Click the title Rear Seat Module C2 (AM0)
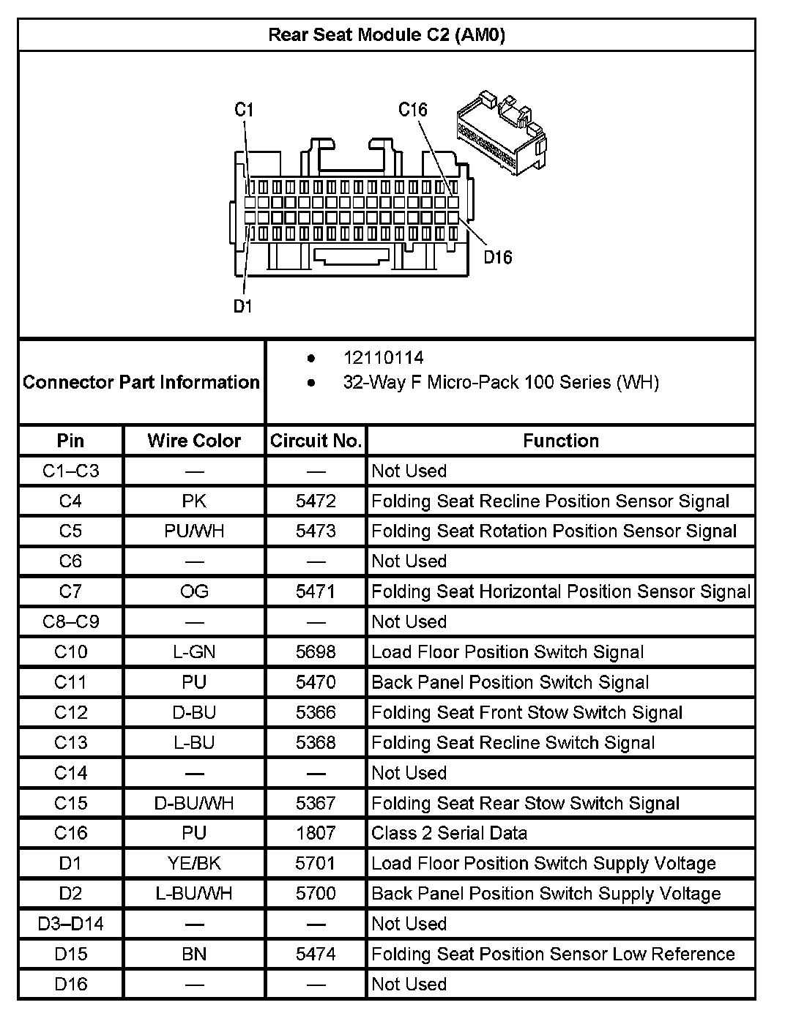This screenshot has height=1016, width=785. coord(386,35)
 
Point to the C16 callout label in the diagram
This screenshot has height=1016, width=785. coord(412,110)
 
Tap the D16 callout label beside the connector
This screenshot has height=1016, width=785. coord(497,257)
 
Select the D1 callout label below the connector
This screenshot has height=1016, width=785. coord(242,306)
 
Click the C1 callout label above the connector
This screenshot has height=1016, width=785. coord(244,110)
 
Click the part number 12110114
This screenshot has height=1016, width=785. coord(383,358)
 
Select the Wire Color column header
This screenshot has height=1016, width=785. coord(194,441)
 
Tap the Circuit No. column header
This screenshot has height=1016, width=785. coord(316,441)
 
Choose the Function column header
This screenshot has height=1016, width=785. coord(561,441)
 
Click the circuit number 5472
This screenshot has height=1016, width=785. coord(316,501)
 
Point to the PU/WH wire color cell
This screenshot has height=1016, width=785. coord(194,531)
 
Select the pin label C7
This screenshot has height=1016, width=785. coord(70,591)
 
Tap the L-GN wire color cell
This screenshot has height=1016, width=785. coord(194,652)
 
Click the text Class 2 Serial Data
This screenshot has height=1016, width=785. coord(449,833)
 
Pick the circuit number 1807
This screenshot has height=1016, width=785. coord(316,833)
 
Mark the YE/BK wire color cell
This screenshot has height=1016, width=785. coord(194,864)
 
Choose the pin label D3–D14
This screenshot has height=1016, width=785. coord(70,924)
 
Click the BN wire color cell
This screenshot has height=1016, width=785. coord(194,955)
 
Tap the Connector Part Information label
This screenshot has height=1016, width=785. coord(141,382)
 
